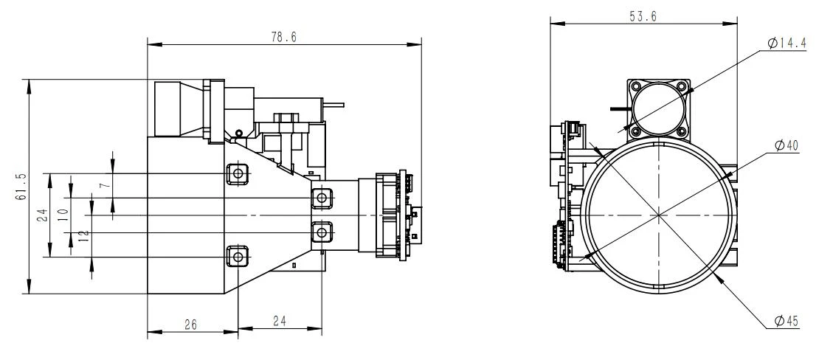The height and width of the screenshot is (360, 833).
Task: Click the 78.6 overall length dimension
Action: (x=283, y=37)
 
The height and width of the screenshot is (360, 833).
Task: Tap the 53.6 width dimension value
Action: (x=643, y=16)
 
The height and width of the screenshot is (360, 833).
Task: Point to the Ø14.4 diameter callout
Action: (x=787, y=44)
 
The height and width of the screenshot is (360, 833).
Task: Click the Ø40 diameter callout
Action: (x=787, y=145)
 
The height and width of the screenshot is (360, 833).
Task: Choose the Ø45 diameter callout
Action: (x=787, y=321)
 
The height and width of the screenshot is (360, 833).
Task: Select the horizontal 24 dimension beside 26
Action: (x=280, y=321)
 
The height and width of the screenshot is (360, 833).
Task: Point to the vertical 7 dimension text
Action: (x=106, y=184)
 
